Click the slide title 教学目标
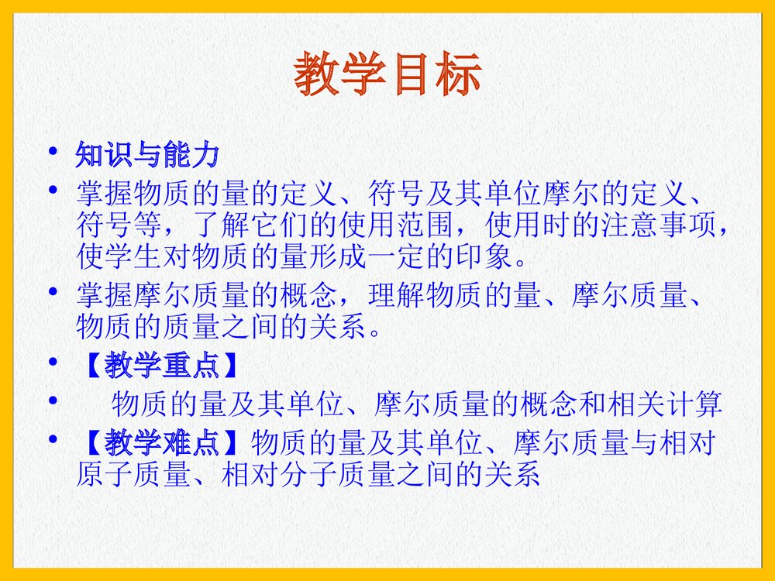[x=387, y=76]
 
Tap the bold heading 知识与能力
[x=147, y=155]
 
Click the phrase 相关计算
[x=666, y=404]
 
